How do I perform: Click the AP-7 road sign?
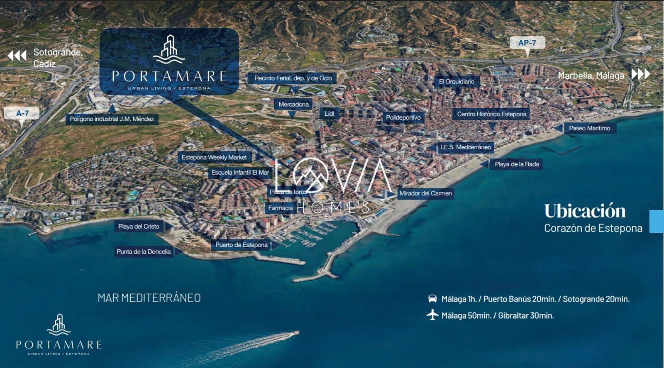pyautogui.click(x=527, y=43)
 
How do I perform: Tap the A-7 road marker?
pyautogui.click(x=22, y=113)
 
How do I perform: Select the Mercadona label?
pyautogui.click(x=293, y=105)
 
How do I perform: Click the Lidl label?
pyautogui.click(x=330, y=114)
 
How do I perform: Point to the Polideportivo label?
pyautogui.click(x=403, y=117)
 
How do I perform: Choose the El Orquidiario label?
pyautogui.click(x=456, y=82)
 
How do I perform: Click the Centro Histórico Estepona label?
pyautogui.click(x=491, y=114)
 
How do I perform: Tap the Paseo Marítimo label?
pyautogui.click(x=589, y=128)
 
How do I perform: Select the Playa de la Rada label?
pyautogui.click(x=517, y=164)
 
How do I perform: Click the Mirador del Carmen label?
pyautogui.click(x=425, y=193)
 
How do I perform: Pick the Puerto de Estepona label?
pyautogui.click(x=241, y=245)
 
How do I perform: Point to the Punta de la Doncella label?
pyautogui.click(x=144, y=251)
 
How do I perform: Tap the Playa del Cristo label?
pyautogui.click(x=139, y=227)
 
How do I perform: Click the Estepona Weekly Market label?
pyautogui.click(x=214, y=158)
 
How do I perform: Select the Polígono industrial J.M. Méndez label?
pyautogui.click(x=112, y=119)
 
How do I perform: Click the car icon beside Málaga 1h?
pyautogui.click(x=432, y=299)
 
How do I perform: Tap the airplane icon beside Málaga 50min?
pyautogui.click(x=432, y=315)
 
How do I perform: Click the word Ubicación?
pyautogui.click(x=585, y=211)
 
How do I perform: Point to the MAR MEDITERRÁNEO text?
pyautogui.click(x=149, y=298)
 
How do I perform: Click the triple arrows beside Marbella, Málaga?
pyautogui.click(x=641, y=74)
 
